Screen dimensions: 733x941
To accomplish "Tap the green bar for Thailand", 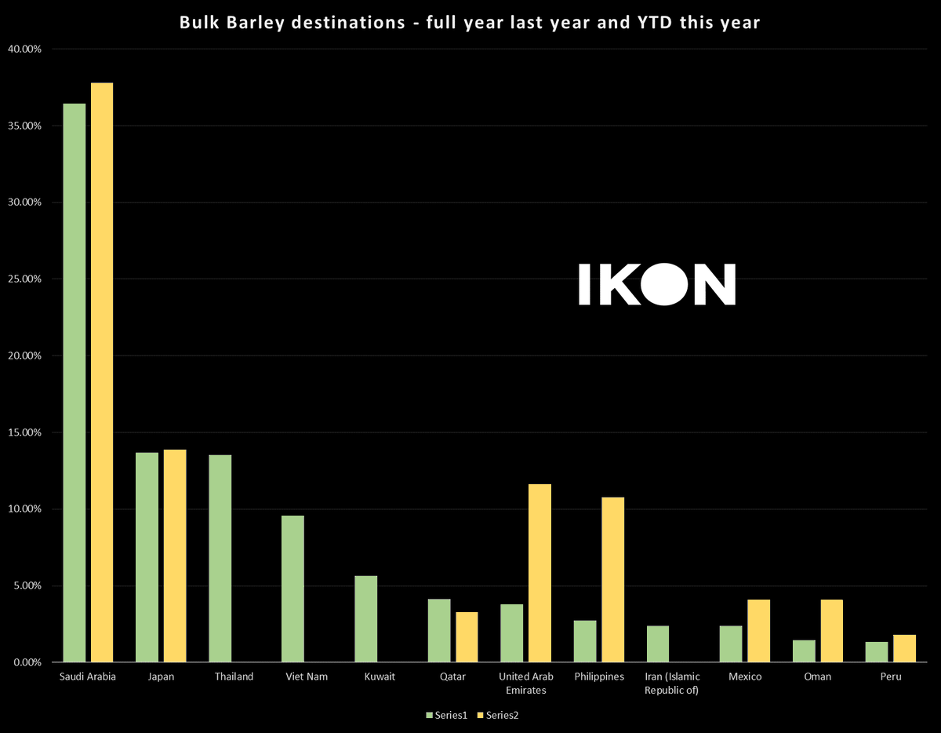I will (x=220, y=558).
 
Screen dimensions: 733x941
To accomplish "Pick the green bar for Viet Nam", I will (x=293, y=589).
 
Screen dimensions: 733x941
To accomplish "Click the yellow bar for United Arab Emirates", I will (x=540, y=573).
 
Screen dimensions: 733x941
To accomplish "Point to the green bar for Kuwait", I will (x=366, y=619).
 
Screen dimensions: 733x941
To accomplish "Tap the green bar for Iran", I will (x=658, y=644).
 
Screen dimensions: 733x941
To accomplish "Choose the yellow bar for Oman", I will (x=831, y=631).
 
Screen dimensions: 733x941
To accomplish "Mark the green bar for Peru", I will (x=877, y=652).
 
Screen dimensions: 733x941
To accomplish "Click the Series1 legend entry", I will (x=446, y=715).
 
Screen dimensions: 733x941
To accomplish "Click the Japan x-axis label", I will (x=161, y=676).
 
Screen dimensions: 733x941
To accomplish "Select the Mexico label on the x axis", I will (x=745, y=676).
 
